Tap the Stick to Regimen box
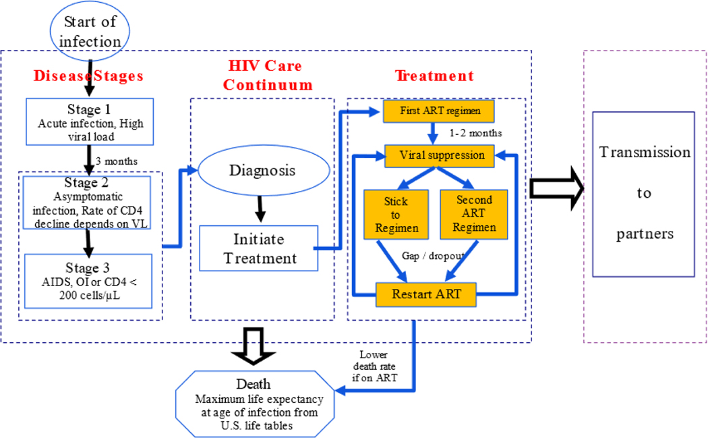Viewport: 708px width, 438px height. point(396,214)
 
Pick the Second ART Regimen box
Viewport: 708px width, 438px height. point(474,214)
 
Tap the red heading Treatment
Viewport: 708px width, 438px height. point(434,76)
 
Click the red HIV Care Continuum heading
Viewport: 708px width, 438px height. point(268,76)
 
